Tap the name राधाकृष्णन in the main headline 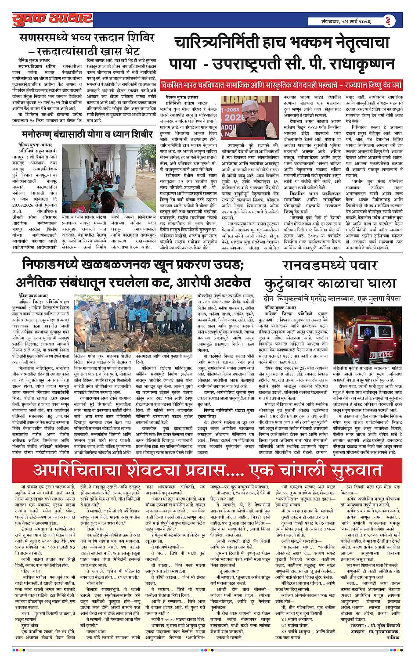point(355,63)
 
